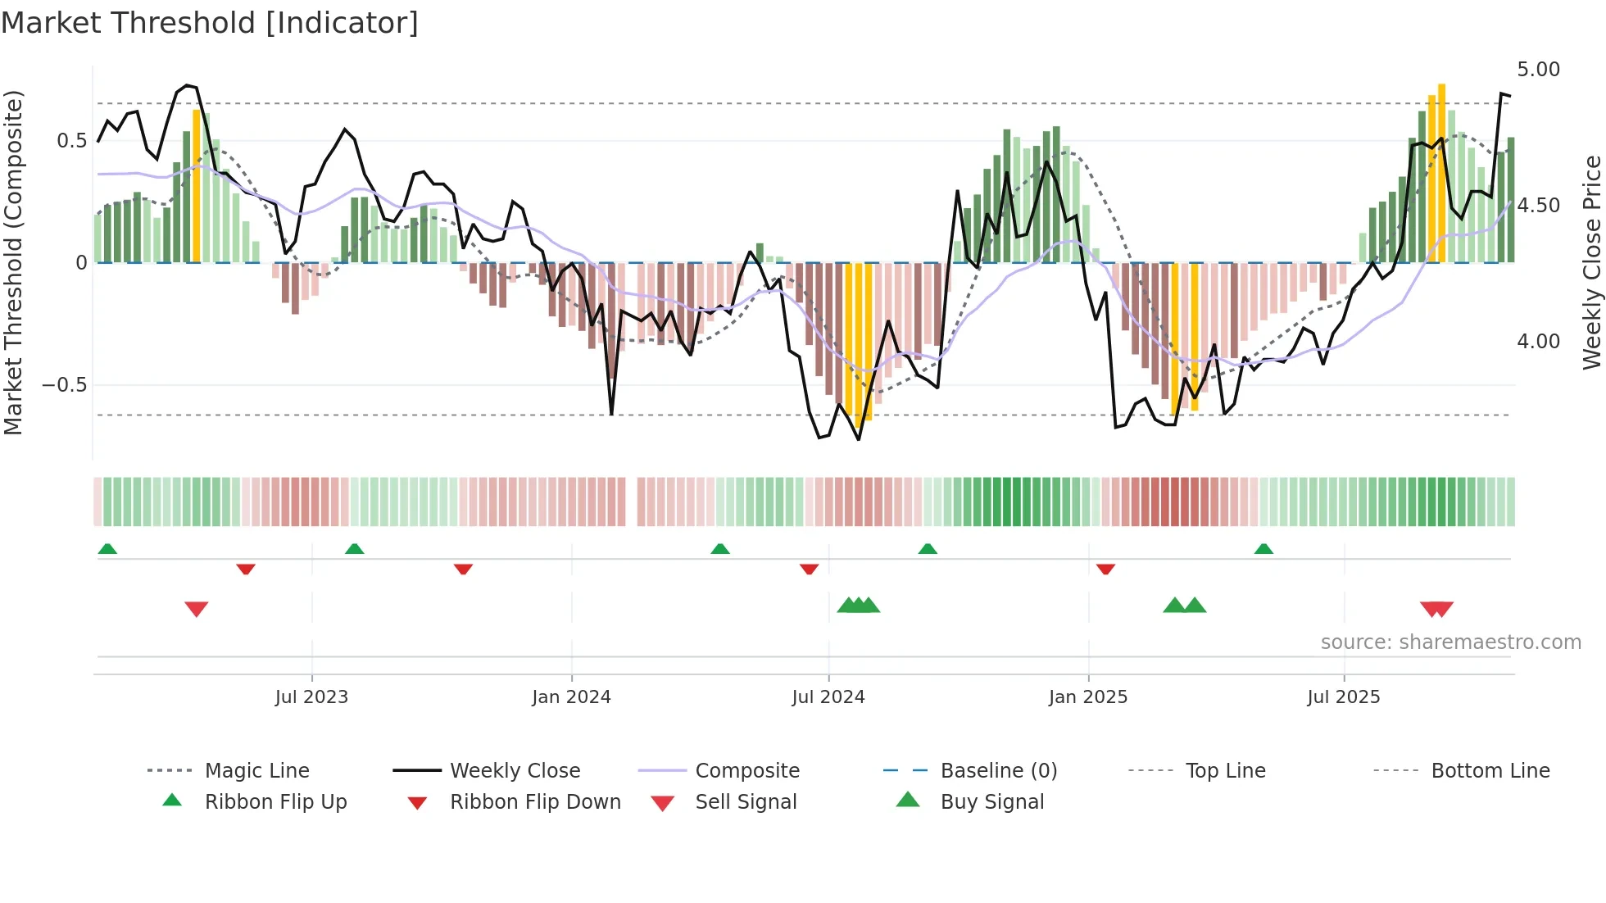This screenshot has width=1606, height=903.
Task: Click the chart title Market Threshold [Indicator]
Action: [210, 23]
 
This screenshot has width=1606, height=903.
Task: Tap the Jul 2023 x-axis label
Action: [311, 697]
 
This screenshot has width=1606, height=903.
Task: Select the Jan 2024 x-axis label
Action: [571, 697]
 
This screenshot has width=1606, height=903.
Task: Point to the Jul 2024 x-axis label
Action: [828, 697]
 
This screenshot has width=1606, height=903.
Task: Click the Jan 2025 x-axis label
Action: [1088, 697]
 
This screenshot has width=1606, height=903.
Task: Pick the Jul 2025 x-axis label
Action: [1344, 697]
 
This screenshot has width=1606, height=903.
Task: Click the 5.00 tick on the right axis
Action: [1538, 70]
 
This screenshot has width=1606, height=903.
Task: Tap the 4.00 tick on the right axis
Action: [1538, 342]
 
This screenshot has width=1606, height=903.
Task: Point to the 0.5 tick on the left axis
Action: [71, 141]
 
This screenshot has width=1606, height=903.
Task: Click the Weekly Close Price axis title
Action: [1591, 262]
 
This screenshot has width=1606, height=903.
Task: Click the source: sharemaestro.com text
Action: [1450, 642]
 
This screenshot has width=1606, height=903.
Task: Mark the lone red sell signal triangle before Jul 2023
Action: [197, 609]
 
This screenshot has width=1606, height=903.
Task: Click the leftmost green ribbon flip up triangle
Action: [107, 549]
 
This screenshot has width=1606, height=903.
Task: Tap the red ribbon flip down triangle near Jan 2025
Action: [1105, 569]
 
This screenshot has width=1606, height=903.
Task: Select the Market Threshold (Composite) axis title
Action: [14, 262]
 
